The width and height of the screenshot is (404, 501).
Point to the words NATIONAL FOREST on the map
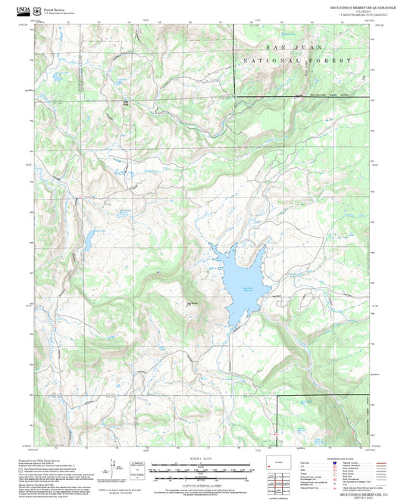click(296, 60)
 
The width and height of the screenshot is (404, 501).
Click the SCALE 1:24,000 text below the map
click(202, 459)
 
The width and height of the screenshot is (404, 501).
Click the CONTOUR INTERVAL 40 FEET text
click(202, 483)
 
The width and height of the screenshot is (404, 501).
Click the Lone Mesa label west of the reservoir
click(193, 304)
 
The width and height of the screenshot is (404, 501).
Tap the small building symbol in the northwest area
click(126, 101)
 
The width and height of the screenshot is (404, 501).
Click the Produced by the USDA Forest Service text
click(55, 459)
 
